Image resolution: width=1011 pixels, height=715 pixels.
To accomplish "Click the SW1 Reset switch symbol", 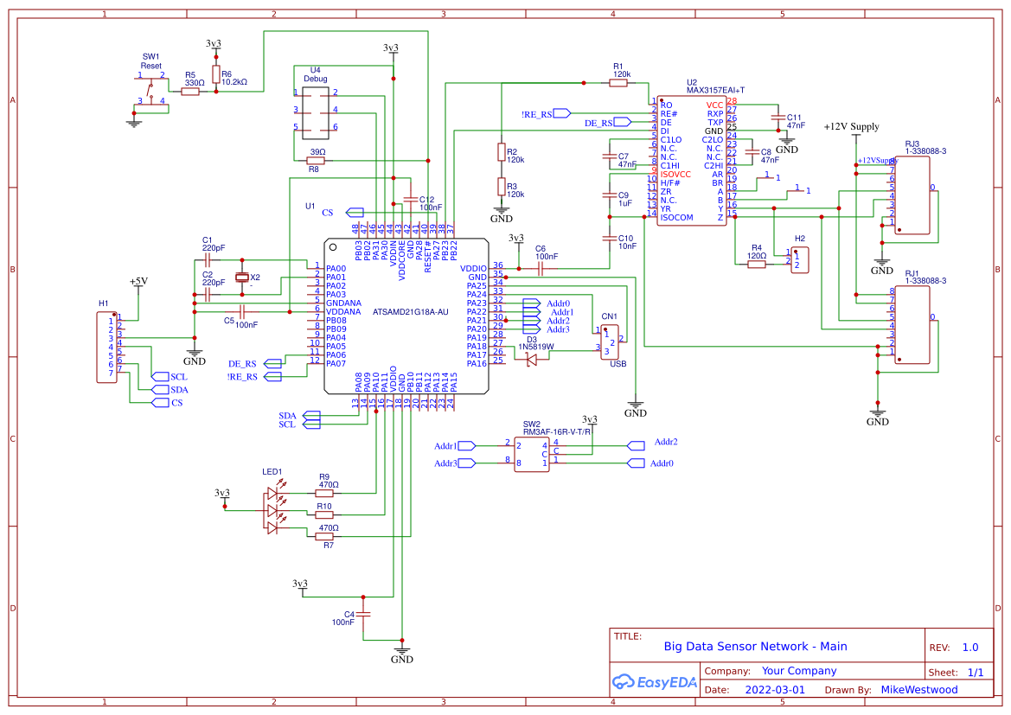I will pyautogui.click(x=152, y=89).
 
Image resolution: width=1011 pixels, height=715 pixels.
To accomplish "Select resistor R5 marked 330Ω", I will pyautogui.click(x=190, y=91).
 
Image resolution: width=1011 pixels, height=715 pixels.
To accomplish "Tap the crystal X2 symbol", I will pyautogui.click(x=242, y=278).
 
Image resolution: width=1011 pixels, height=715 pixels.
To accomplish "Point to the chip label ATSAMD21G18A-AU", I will pyautogui.click(x=410, y=311).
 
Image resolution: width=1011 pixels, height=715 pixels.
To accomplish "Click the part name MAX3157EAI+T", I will pyautogui.click(x=715, y=90).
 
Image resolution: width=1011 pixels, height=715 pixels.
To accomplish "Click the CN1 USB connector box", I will pyautogui.click(x=611, y=342).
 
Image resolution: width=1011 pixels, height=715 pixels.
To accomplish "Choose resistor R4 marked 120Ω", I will pyautogui.click(x=757, y=264).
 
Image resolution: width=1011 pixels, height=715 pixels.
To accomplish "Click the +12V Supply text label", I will pyautogui.click(x=851, y=126).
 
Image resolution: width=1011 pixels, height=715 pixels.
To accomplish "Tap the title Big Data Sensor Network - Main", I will pyautogui.click(x=755, y=646).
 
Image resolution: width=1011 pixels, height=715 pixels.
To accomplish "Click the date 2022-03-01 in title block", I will pyautogui.click(x=774, y=690).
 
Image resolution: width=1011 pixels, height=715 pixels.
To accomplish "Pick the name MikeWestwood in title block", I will pyautogui.click(x=919, y=690).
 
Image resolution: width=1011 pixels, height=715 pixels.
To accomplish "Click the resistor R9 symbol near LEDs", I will pyautogui.click(x=325, y=493).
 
